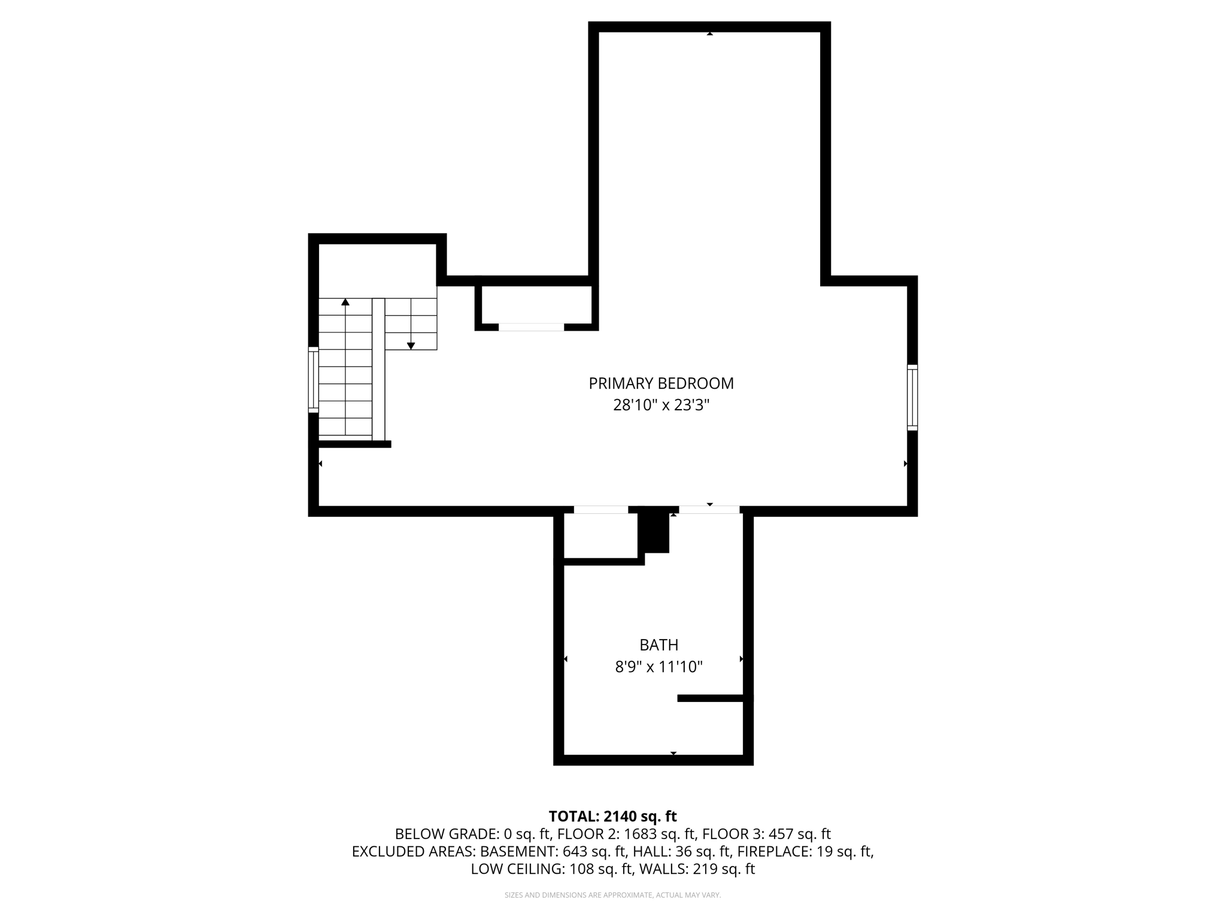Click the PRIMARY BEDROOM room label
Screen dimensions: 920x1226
point(661,383)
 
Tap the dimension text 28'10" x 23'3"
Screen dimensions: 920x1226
point(661,405)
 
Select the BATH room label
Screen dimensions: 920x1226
point(658,645)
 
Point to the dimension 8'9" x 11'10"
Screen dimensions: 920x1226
point(658,667)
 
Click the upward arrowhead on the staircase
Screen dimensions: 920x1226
point(345,302)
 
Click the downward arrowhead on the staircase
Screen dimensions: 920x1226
point(411,346)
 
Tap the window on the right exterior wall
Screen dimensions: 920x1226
point(912,397)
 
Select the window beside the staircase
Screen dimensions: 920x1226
point(313,380)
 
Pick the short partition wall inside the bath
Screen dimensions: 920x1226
point(712,698)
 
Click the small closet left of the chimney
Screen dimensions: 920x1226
point(600,536)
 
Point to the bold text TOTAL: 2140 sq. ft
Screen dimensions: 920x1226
point(612,816)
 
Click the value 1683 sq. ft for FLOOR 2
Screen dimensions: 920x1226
point(660,834)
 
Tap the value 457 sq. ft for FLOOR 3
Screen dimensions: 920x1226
point(800,834)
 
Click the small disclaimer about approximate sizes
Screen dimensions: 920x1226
point(612,895)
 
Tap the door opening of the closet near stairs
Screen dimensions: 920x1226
point(531,327)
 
